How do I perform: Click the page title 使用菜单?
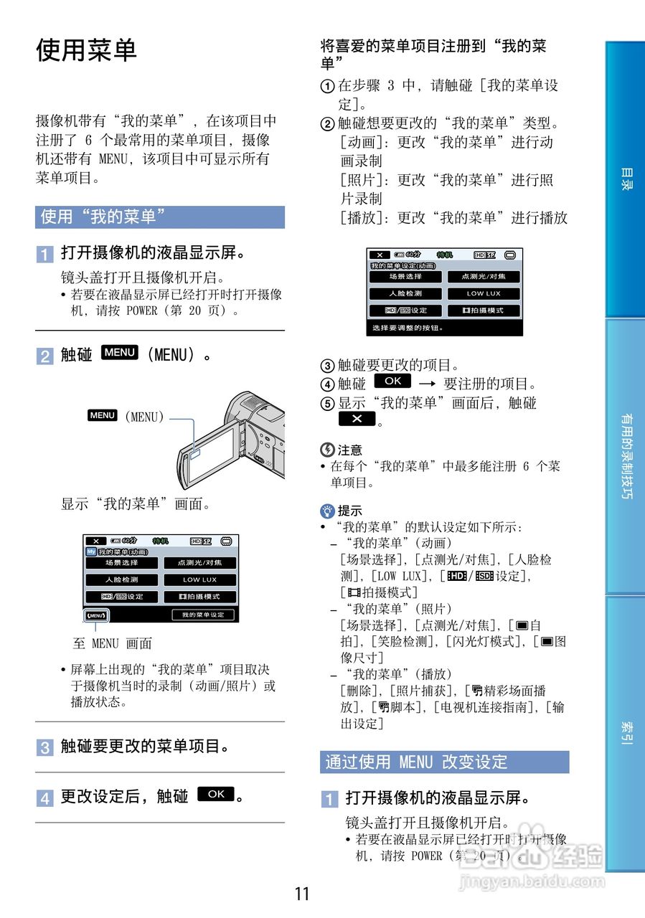[x=86, y=50]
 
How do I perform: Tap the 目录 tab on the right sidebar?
[x=626, y=179]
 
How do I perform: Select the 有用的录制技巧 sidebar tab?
[x=626, y=456]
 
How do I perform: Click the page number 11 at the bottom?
[x=302, y=894]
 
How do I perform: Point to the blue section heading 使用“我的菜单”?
[x=159, y=217]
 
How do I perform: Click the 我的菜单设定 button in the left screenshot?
[x=203, y=615]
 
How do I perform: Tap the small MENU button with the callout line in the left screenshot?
[x=96, y=615]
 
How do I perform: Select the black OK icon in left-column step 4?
[x=216, y=794]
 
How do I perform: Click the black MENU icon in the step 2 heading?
[x=120, y=352]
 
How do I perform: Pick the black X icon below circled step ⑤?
[x=357, y=419]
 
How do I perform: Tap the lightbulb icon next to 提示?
[x=327, y=511]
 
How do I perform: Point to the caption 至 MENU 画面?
[x=113, y=643]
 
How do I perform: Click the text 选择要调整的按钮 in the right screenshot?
[x=407, y=328]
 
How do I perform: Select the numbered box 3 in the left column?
[x=44, y=748]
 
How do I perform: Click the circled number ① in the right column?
[x=327, y=86]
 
